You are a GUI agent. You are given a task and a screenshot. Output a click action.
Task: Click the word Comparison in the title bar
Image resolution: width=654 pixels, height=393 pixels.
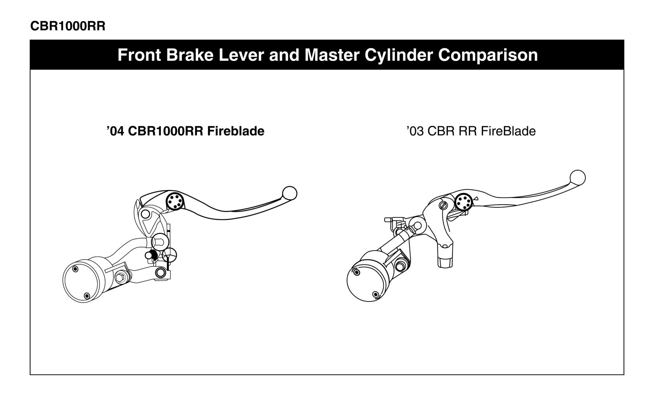pyautogui.click(x=488, y=55)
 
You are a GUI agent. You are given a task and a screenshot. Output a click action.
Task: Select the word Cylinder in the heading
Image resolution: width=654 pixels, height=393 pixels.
pyautogui.click(x=398, y=55)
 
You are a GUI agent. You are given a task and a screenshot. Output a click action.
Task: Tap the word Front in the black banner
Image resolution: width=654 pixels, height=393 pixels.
pyautogui.click(x=139, y=55)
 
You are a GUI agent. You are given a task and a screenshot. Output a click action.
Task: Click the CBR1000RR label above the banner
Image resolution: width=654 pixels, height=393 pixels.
pyautogui.click(x=68, y=26)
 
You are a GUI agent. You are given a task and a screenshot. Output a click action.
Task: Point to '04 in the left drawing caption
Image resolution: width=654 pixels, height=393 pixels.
pyautogui.click(x=116, y=131)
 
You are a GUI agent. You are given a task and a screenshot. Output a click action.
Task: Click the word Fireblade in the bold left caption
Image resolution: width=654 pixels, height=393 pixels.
pyautogui.click(x=235, y=131)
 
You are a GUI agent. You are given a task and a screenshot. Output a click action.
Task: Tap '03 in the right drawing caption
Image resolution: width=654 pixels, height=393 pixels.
pyautogui.click(x=415, y=131)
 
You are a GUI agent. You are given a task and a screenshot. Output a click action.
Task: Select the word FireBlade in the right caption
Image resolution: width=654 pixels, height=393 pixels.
pyautogui.click(x=508, y=131)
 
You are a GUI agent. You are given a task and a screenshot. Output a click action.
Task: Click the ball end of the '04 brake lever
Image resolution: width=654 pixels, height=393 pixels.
pyautogui.click(x=290, y=193)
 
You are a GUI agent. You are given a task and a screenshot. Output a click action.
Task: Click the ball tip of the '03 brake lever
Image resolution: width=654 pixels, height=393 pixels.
pyautogui.click(x=578, y=178)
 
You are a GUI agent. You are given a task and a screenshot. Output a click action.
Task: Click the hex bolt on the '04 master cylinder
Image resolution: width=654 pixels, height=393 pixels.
pyautogui.click(x=120, y=278)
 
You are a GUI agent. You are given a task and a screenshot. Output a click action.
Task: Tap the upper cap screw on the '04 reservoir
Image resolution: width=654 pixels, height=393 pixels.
pyautogui.click(x=76, y=270)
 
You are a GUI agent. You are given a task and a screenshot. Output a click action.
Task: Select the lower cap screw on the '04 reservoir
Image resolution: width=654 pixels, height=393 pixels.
pyautogui.click(x=87, y=296)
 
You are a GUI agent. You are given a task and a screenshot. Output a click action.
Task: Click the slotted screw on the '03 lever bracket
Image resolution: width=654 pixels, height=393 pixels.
pyautogui.click(x=443, y=205)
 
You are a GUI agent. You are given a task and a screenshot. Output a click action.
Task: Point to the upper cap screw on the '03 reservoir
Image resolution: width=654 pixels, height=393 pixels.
pyautogui.click(x=356, y=272)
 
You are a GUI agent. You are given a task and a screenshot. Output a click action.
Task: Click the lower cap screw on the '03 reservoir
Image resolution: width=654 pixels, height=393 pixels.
pyautogui.click(x=375, y=294)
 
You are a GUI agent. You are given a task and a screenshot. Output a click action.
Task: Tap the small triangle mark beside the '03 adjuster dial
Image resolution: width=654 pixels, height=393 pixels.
pyautogui.click(x=476, y=199)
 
